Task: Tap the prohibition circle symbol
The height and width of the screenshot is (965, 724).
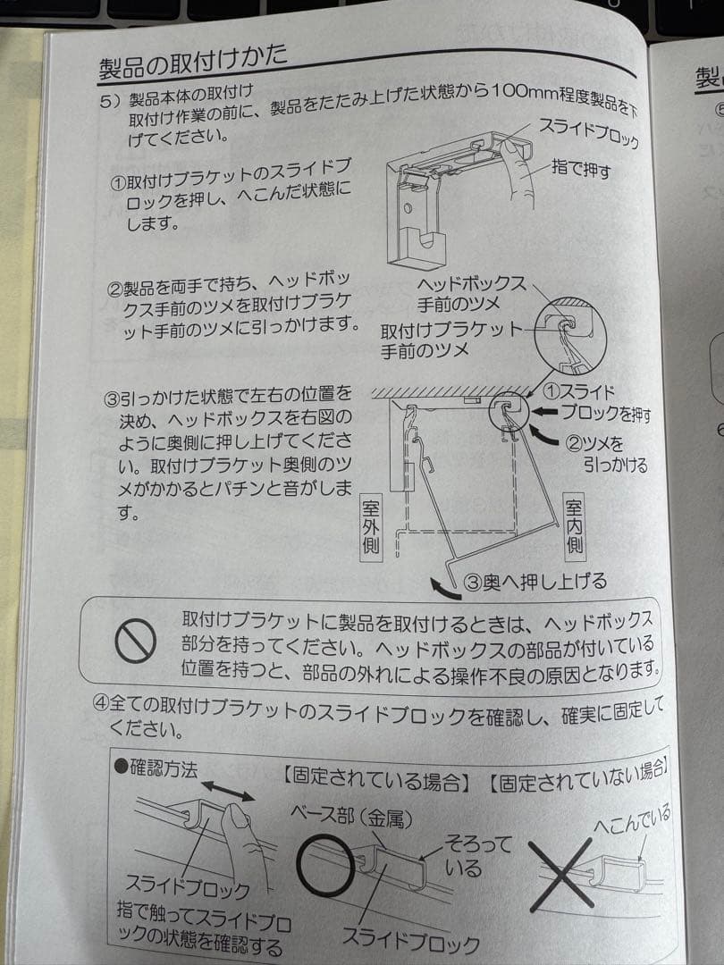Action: [x=136, y=640]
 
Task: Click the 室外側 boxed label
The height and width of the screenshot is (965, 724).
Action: [x=371, y=527]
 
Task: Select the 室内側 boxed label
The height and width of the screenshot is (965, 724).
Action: [x=574, y=525]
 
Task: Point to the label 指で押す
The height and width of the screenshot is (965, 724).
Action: [x=581, y=167]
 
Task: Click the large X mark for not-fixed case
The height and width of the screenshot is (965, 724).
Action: [x=561, y=875]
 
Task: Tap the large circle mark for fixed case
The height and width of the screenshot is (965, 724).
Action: [x=325, y=865]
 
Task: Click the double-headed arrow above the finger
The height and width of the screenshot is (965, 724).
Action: [x=228, y=790]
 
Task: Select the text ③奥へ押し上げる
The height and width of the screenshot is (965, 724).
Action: [x=535, y=582]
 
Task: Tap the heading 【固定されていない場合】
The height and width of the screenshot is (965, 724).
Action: [x=577, y=776]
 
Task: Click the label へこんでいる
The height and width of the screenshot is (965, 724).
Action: [x=632, y=819]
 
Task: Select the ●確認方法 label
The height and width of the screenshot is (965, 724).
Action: [x=156, y=768]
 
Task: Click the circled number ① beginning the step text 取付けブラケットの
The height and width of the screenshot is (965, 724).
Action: [x=118, y=183]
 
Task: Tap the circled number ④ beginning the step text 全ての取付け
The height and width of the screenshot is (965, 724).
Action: [x=100, y=703]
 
